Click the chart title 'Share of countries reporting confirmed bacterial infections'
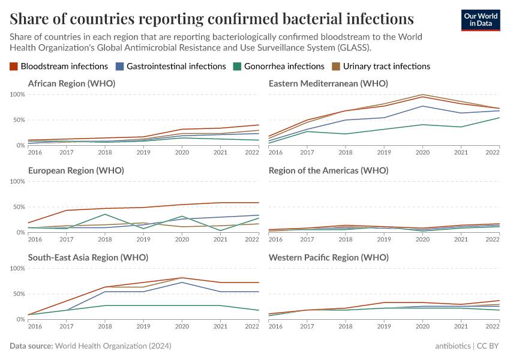coord(211,19)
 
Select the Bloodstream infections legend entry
coord(59,66)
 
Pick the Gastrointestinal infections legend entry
coord(172,66)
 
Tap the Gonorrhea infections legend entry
coord(280,66)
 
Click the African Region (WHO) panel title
coord(71,83)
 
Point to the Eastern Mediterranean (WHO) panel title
coord(328,83)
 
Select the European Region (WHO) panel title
coord(76,170)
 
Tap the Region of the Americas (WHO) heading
coord(328,170)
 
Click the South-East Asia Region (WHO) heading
coord(88,257)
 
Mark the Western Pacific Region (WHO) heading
coord(329,257)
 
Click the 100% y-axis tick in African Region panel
coord(17,95)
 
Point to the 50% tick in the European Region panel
coord(19,207)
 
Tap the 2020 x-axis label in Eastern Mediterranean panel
coord(423,153)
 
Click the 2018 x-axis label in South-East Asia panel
coord(105,327)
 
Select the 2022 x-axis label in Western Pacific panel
coord(492,327)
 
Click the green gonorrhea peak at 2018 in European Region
coord(105,214)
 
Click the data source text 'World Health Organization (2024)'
coord(113,346)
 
